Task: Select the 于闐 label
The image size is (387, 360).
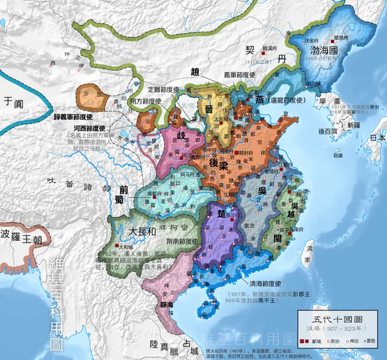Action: pyautogui.click(x=15, y=102)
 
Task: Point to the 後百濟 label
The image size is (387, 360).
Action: pyautogui.click(x=328, y=131)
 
